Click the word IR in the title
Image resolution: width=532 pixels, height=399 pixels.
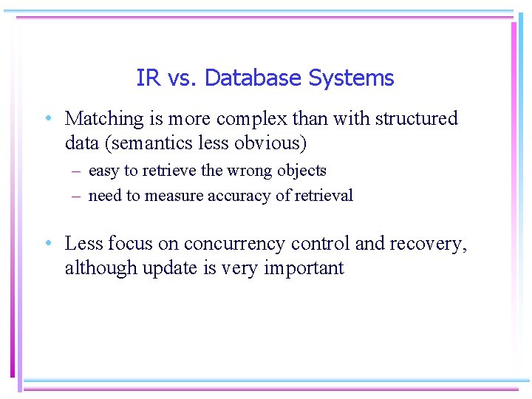[147, 78]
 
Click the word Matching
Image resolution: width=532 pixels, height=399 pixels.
[103, 119]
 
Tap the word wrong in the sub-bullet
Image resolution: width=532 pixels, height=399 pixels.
[250, 171]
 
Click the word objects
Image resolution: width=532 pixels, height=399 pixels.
[301, 171]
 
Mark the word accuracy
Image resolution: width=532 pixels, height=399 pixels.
[221, 196]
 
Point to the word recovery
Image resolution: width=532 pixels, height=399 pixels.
[434, 244]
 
